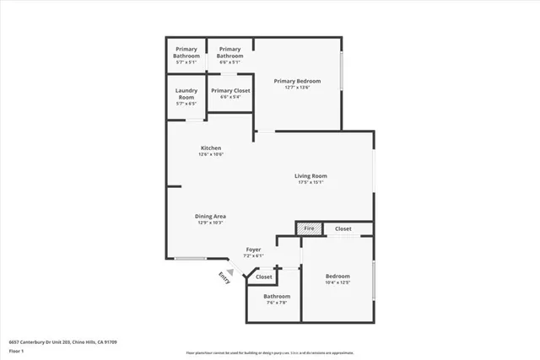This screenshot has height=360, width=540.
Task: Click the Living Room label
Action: [x=311, y=175]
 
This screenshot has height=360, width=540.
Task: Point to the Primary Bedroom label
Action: [x=297, y=81]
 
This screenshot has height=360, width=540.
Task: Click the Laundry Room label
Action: [x=186, y=94]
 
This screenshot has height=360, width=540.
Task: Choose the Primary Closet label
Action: [x=230, y=90]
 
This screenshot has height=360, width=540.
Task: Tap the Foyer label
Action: [x=253, y=250]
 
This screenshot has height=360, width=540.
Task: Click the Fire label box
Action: [x=309, y=228]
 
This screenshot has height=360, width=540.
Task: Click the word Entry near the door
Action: [x=224, y=277]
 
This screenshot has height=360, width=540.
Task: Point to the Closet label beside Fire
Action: [x=343, y=228]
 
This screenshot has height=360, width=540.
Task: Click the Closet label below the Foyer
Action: [x=264, y=277]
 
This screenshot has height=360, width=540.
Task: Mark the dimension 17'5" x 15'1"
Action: [x=311, y=182]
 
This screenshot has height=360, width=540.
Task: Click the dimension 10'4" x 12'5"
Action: [x=337, y=282]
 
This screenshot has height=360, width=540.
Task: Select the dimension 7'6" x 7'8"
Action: [x=276, y=303]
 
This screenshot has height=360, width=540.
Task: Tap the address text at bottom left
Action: [x=62, y=341]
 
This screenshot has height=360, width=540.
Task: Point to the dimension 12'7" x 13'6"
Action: [x=297, y=88]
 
